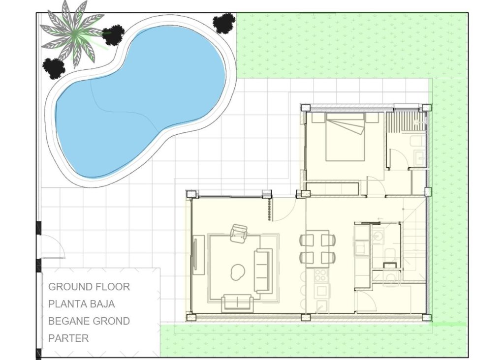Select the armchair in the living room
(239, 233)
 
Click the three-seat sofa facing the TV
(263, 270)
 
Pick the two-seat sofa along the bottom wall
(237, 302)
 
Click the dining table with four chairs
(317, 248)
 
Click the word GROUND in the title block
(68, 287)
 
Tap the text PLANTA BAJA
(82, 304)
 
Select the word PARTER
(68, 338)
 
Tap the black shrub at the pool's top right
(224, 23)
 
